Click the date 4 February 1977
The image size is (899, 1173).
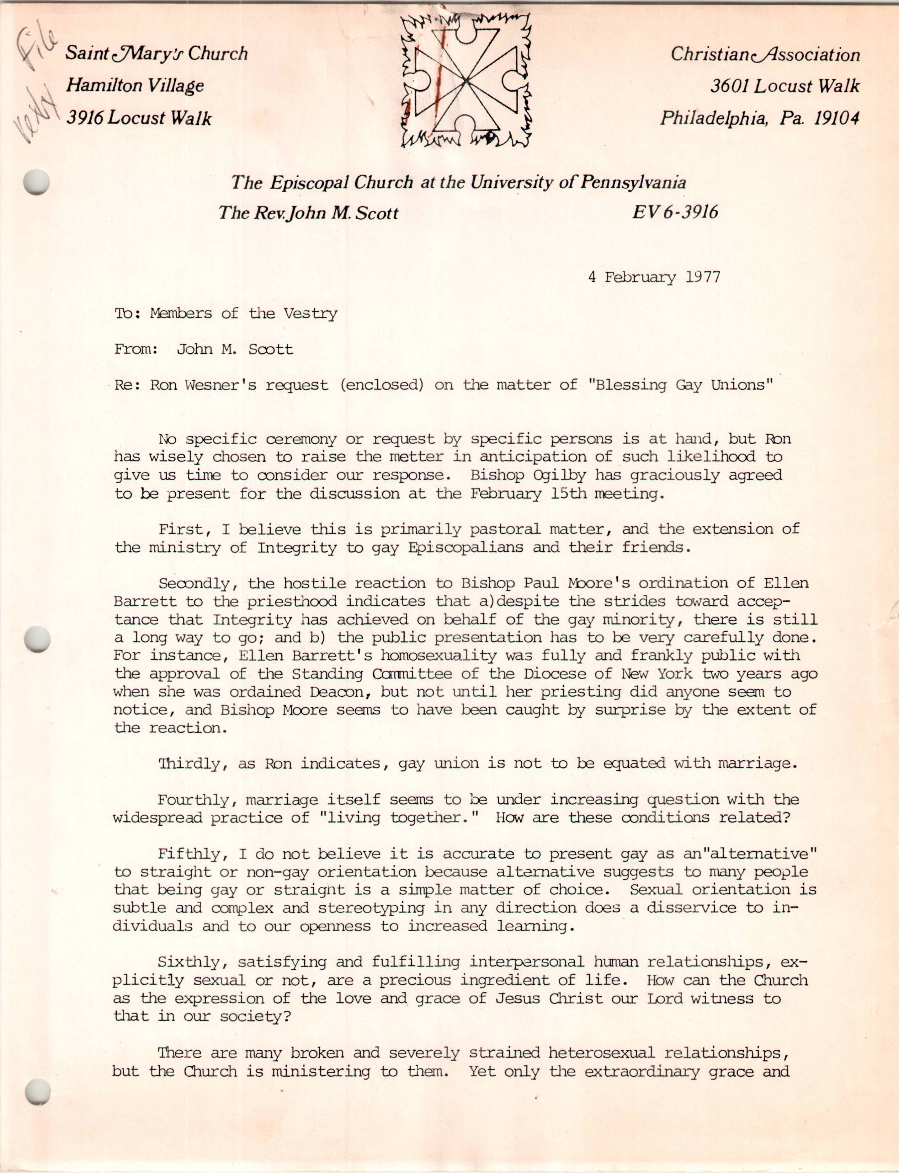(654, 277)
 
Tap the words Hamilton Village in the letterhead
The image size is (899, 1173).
(135, 86)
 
